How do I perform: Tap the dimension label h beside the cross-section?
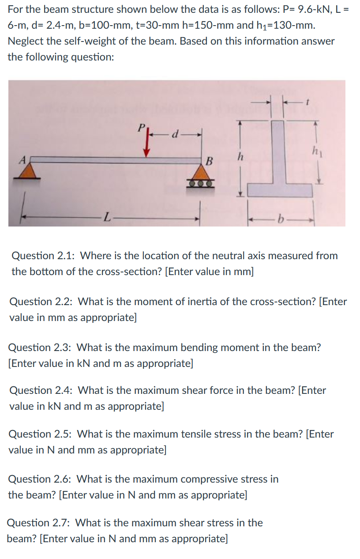pyautogui.click(x=240, y=157)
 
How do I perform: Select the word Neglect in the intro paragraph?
pyautogui.click(x=25, y=41)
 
